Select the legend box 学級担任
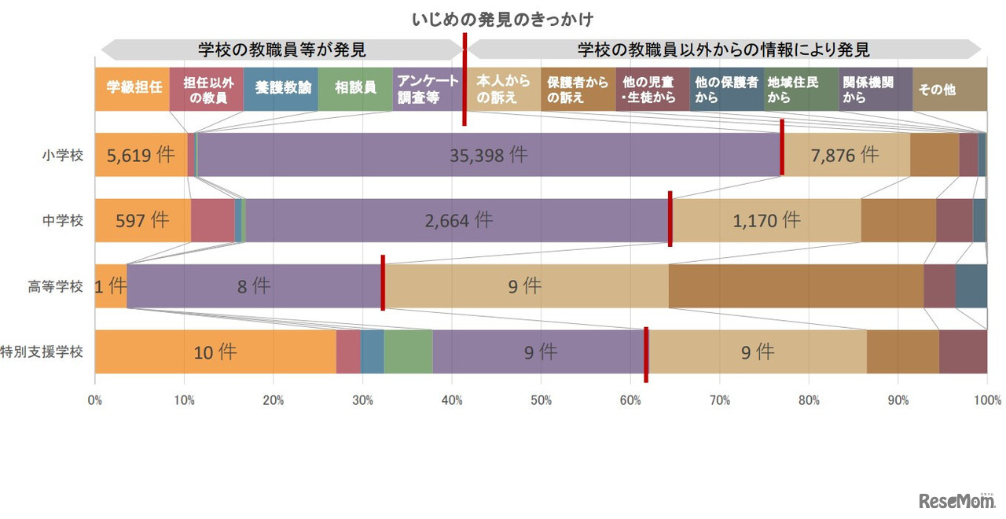point(132,89)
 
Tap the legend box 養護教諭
point(281,89)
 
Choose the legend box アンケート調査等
point(428,89)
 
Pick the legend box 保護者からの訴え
point(578,89)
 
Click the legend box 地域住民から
point(801,89)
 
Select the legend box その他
point(949,89)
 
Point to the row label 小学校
point(63,155)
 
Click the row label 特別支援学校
point(42,352)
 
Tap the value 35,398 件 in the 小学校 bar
point(488,155)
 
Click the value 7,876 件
point(845,155)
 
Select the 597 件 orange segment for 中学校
point(142,220)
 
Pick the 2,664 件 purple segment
point(459,220)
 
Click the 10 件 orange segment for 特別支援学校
point(215,352)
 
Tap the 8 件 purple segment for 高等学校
point(254,286)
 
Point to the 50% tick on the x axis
point(541,400)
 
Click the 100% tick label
point(986,400)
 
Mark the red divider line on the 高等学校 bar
point(383,283)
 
